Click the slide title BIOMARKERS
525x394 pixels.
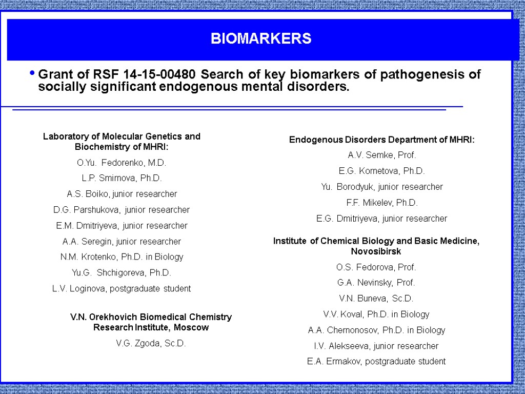(x=261, y=39)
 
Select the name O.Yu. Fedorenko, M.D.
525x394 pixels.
(x=122, y=163)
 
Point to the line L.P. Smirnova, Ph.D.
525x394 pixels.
(x=122, y=179)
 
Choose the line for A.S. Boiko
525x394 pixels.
(x=122, y=194)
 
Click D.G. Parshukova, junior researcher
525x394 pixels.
(x=122, y=210)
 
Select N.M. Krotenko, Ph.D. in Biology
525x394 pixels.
(x=122, y=257)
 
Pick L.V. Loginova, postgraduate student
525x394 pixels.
(x=122, y=288)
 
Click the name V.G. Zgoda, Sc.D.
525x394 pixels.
(x=151, y=343)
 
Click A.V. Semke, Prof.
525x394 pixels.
(x=382, y=155)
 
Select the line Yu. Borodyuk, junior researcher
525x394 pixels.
(x=382, y=187)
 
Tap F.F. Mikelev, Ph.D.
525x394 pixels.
(x=382, y=203)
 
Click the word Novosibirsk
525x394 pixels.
(x=376, y=252)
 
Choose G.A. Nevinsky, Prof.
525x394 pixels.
(x=376, y=283)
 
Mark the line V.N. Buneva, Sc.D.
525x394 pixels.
(x=376, y=299)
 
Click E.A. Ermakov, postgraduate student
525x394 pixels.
(x=376, y=361)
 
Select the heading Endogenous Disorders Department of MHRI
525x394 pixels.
(x=382, y=140)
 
